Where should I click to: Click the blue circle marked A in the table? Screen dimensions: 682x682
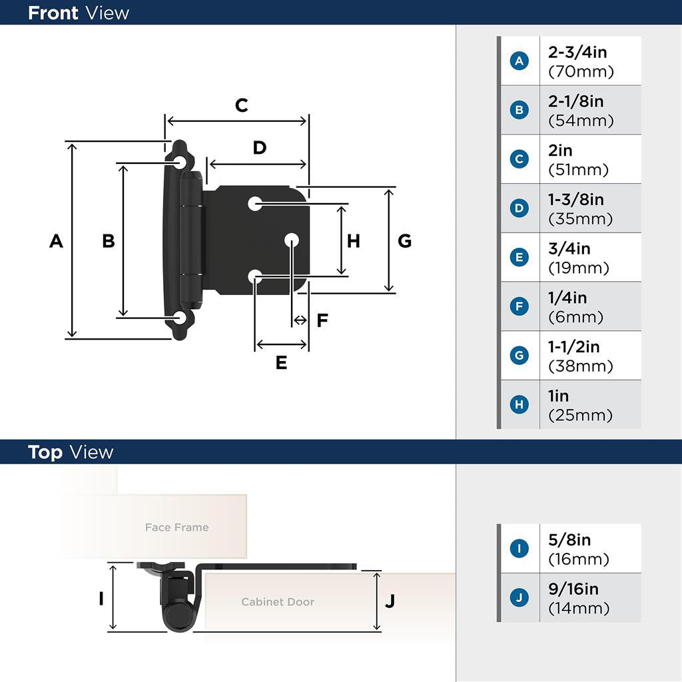(x=519, y=61)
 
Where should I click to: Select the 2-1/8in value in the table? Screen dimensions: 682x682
(x=576, y=101)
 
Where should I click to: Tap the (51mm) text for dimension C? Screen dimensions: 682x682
(x=578, y=170)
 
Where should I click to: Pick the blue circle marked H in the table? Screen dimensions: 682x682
(x=519, y=404)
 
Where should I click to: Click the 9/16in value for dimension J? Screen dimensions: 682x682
(x=573, y=589)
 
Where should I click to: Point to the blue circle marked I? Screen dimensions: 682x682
(x=519, y=549)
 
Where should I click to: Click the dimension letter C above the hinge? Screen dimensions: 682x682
(x=241, y=105)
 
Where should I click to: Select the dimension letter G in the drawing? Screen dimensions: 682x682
(x=404, y=241)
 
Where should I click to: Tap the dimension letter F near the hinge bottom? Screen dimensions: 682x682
(x=322, y=321)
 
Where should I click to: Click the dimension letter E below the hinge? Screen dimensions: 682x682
(x=281, y=363)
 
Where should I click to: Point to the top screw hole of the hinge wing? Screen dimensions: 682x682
(x=180, y=162)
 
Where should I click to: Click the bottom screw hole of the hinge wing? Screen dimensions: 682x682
(x=180, y=318)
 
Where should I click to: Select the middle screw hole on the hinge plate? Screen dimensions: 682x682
(x=292, y=240)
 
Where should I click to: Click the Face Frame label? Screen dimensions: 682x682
(x=176, y=527)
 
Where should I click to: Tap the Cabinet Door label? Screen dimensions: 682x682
(x=277, y=602)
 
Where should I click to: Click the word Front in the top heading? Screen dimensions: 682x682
(x=53, y=13)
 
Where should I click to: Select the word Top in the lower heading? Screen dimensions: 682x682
(x=45, y=452)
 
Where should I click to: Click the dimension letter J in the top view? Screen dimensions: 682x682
(x=390, y=601)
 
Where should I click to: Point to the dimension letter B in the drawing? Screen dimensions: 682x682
(x=108, y=241)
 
